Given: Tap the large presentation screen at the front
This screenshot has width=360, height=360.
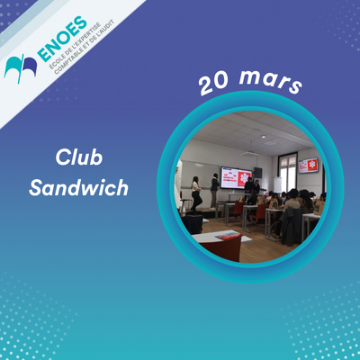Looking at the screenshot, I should (x=236, y=176).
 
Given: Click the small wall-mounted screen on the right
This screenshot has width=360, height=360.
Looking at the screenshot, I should (x=307, y=165).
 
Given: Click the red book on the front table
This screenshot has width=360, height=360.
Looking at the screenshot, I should (x=226, y=235).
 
